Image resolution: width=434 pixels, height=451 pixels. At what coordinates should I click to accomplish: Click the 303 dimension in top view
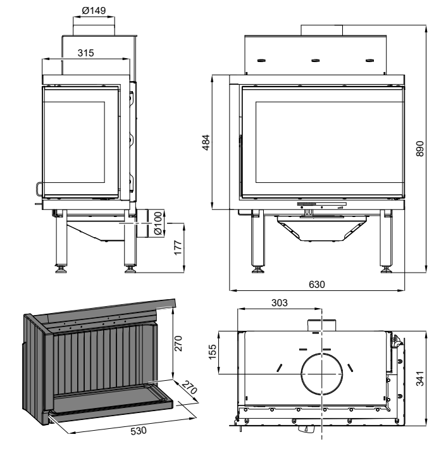(279, 304)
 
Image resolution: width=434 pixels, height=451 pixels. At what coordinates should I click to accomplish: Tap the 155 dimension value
(213, 352)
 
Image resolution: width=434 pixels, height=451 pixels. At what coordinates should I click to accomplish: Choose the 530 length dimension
(139, 430)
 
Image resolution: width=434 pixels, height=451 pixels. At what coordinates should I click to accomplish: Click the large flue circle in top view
(322, 373)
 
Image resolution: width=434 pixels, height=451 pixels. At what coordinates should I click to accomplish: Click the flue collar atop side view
(94, 27)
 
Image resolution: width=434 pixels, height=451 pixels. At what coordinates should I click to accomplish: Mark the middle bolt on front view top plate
(315, 61)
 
